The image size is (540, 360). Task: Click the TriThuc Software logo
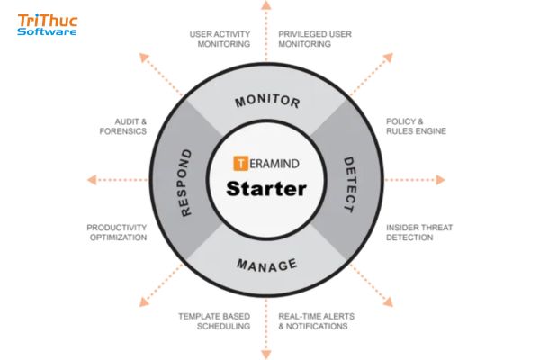(48, 24)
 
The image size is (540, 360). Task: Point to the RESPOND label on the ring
(186, 184)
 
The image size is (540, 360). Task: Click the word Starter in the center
(266, 190)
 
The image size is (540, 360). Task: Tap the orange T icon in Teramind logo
(240, 164)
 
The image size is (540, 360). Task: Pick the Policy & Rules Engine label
(416, 126)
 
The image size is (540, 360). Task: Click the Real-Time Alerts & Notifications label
(314, 320)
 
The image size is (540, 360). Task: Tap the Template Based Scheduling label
(214, 320)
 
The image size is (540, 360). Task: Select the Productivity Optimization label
(117, 233)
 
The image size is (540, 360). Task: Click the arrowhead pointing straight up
(266, 6)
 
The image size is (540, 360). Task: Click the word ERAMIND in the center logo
(275, 164)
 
